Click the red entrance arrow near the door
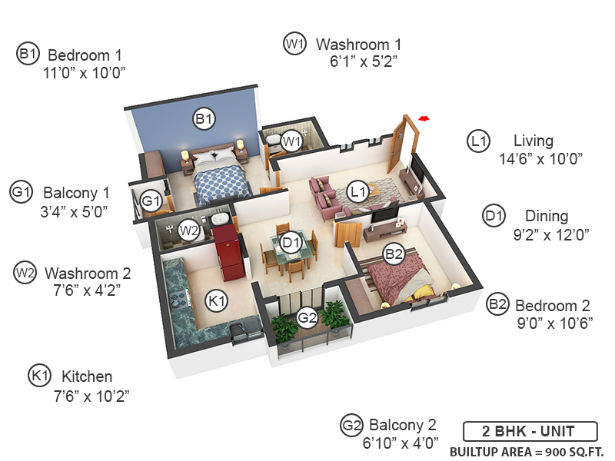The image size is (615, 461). tap(423, 118)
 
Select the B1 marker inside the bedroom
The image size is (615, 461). tap(204, 119)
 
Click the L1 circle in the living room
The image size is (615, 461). tap(356, 192)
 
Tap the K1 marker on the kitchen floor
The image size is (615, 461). tap(218, 301)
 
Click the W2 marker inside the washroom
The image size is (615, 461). tap(189, 230)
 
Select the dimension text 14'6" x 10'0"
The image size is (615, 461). tap(541, 159)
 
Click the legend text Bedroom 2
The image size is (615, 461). tap(553, 305)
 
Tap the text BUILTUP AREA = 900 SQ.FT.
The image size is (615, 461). tap(527, 451)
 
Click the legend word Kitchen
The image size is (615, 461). tap(87, 376)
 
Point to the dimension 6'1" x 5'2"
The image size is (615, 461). tap(364, 61)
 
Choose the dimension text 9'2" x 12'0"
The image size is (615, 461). tap(550, 235)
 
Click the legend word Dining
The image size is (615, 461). tap(547, 216)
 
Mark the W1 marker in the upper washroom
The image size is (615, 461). tap(291, 141)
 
